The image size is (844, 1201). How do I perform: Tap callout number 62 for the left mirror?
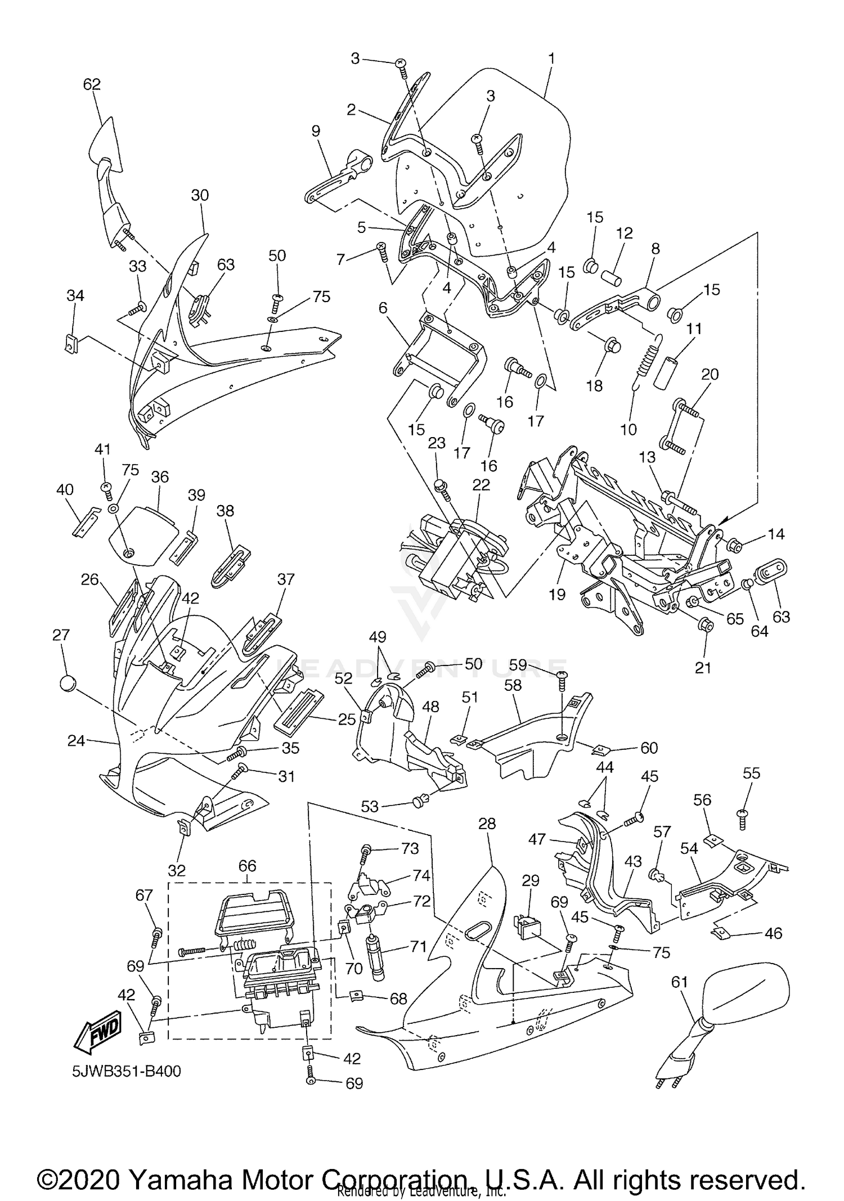pos(92,84)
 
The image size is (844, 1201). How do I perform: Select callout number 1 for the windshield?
pos(551,58)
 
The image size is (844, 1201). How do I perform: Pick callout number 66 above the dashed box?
pos(248,866)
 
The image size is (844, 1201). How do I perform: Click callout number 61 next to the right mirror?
pos(680,982)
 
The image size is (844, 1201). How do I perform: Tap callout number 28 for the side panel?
pos(487,824)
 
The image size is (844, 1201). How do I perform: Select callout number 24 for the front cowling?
pos(76,741)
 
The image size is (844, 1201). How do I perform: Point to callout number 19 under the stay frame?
pos(557,595)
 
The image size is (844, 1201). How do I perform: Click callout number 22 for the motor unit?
pos(481,485)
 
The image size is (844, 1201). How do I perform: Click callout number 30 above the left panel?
pos(200,195)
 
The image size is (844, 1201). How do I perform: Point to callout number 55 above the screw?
pos(751,773)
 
